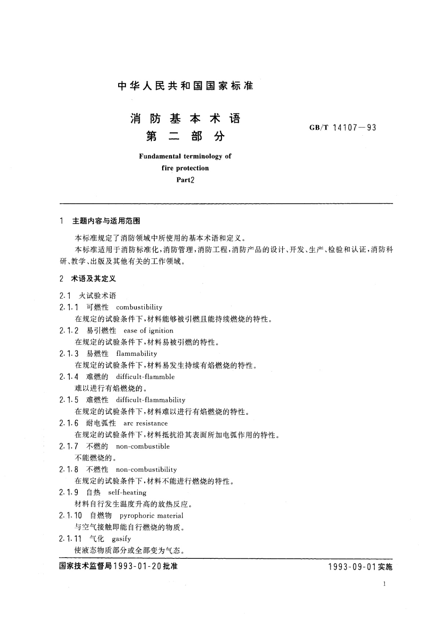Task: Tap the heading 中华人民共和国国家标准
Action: pyautogui.click(x=185, y=86)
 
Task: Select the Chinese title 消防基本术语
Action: pyautogui.click(x=185, y=118)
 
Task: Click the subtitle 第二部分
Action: pyautogui.click(x=185, y=136)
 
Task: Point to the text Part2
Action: pyautogui.click(x=185, y=180)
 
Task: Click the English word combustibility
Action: pyautogui.click(x=139, y=307)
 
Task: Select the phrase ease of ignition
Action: pyautogui.click(x=148, y=330)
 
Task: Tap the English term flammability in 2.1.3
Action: pyautogui.click(x=136, y=354)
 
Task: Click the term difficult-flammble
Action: pyautogui.click(x=145, y=377)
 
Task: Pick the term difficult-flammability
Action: pyautogui.click(x=150, y=400)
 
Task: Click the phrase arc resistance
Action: pyautogui.click(x=145, y=423)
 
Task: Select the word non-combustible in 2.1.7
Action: pyautogui.click(x=143, y=446)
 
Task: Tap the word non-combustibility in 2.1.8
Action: pyautogui.click(x=146, y=469)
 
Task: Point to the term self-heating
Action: pyautogui.click(x=127, y=492)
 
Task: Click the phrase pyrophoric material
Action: pyautogui.click(x=152, y=516)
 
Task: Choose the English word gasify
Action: pyautogui.click(x=121, y=539)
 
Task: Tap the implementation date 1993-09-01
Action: pyautogui.click(x=352, y=567)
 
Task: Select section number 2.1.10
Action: pyautogui.click(x=70, y=516)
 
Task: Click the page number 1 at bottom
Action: pyautogui.click(x=384, y=584)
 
